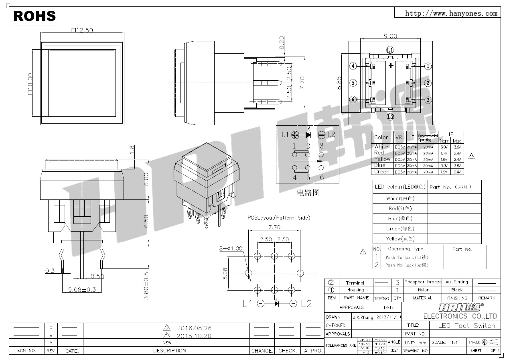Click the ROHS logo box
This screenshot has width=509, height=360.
pyautogui.click(x=34, y=16)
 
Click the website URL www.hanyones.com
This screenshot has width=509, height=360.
pyautogui.click(x=451, y=13)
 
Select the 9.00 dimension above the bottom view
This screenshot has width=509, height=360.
pyautogui.click(x=390, y=36)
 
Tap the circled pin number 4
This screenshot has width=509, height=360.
pyautogui.click(x=353, y=66)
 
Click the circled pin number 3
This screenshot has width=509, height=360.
pyautogui.click(x=428, y=100)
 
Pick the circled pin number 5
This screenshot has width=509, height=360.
pyautogui.click(x=353, y=83)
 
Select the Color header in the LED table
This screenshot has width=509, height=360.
pyautogui.click(x=381, y=137)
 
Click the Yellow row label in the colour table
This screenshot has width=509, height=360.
pyautogui.click(x=382, y=159)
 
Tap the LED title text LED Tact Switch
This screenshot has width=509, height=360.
pyautogui.click(x=466, y=325)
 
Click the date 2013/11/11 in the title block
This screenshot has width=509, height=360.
pyautogui.click(x=388, y=317)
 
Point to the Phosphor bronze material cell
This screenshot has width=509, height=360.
pyautogui.click(x=423, y=282)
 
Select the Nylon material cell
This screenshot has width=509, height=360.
pyautogui.click(x=423, y=290)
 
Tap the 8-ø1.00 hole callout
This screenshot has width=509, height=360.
pyautogui.click(x=231, y=248)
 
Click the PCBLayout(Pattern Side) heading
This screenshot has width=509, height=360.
pyautogui.click(x=278, y=218)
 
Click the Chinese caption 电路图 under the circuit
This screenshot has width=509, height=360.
pyautogui.click(x=308, y=193)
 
